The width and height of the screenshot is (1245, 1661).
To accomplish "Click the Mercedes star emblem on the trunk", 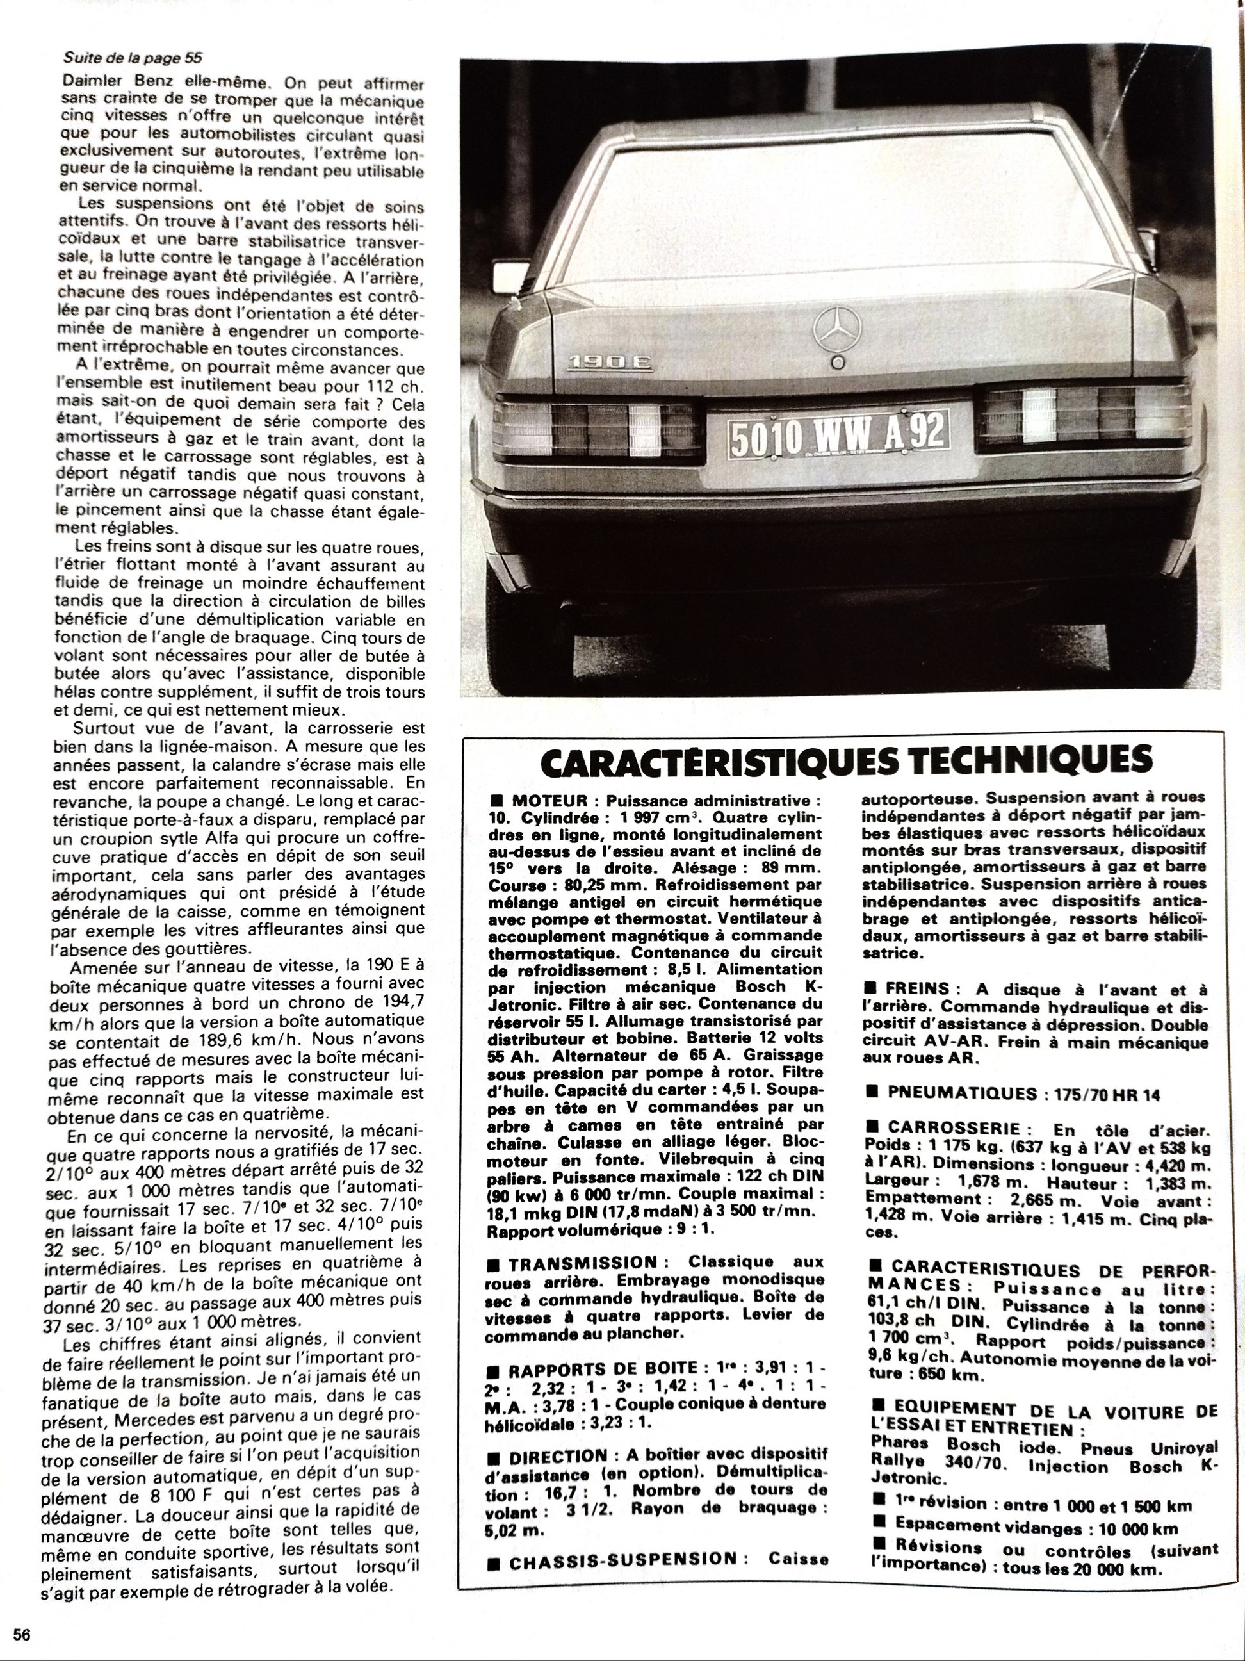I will coord(839,328).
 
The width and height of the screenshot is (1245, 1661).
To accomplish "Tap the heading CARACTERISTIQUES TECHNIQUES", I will coord(845,760).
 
